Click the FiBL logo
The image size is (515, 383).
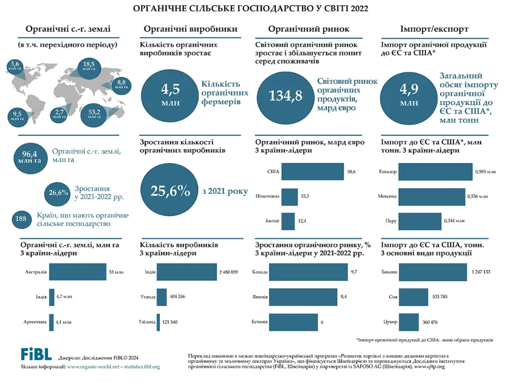pos(36,354)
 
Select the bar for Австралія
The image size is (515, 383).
pos(78,272)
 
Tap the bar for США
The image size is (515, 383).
pos(313,172)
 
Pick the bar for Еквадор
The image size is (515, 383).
pos(435,172)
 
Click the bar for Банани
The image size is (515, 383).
pos(433,272)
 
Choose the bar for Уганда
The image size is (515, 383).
pos(161,297)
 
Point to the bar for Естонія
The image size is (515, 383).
pos(293,322)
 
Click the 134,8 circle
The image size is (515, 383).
pos(285,96)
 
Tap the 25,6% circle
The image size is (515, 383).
pos(169,190)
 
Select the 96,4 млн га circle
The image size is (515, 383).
pos(30,158)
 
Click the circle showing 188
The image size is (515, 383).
pos(21,219)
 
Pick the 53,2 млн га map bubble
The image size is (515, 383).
pos(94,114)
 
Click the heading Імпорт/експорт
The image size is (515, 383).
pos(434,29)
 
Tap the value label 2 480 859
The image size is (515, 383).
pos(228,272)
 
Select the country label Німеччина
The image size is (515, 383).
pos(268,196)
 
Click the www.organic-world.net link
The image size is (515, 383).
pos(93,367)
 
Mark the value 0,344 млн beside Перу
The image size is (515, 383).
pos(454,221)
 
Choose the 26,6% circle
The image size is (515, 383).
pos(58,193)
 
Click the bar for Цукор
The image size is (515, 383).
pos(409,322)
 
